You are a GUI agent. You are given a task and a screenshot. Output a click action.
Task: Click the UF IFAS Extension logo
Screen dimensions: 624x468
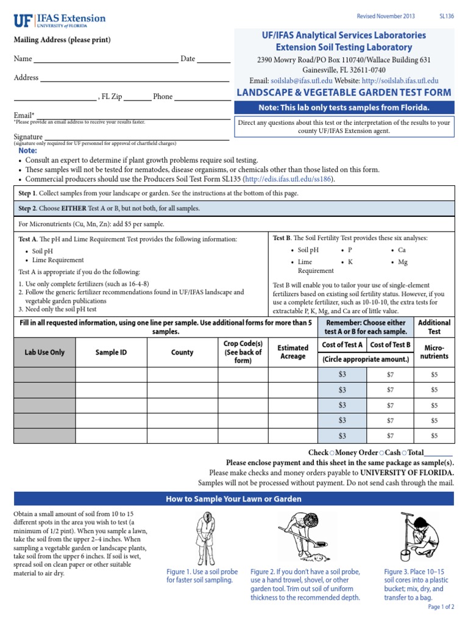point(59,21)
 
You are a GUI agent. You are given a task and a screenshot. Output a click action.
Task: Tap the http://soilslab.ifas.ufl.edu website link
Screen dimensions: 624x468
point(400,80)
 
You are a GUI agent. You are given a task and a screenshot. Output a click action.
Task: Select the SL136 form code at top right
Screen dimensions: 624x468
point(447,17)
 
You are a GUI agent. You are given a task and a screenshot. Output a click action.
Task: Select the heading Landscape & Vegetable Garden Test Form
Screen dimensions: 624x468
point(344,93)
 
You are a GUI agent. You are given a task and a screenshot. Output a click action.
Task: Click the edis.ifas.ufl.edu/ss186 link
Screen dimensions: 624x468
point(289,180)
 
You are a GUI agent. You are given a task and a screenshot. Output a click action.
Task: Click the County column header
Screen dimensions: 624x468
point(182,352)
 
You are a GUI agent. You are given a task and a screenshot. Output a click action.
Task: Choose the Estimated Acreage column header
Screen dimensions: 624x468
point(293,352)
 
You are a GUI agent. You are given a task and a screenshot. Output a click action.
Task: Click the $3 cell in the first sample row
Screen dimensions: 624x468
point(342,374)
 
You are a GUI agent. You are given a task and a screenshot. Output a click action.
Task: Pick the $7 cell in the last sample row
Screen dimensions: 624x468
point(391,436)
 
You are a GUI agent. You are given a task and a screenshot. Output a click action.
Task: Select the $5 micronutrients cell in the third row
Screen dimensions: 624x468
point(434,405)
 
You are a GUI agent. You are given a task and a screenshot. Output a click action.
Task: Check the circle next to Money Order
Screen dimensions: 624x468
point(331,453)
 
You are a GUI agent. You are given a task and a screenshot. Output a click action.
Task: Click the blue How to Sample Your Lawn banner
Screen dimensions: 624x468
point(234,499)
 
